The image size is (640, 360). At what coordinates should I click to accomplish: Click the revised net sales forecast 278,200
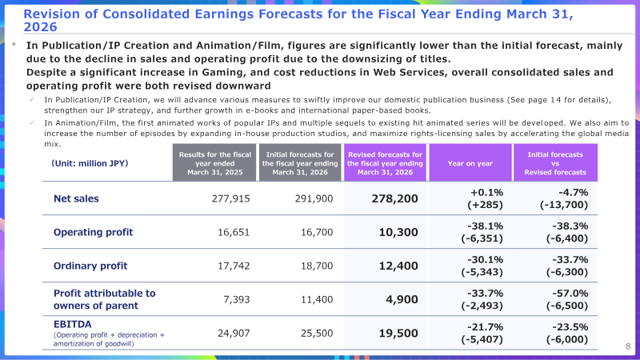(394, 198)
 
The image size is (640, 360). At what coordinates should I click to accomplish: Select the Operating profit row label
(93, 232)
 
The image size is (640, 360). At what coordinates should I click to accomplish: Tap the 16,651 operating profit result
(234, 232)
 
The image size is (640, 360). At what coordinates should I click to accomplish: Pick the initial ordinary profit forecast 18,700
(317, 266)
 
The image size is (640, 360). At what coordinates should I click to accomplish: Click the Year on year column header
(470, 163)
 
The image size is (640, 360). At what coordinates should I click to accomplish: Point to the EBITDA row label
(73, 324)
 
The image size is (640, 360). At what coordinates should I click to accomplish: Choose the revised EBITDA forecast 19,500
(398, 334)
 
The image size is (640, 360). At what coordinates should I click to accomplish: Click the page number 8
(628, 346)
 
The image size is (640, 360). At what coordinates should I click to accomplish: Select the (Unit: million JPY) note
(90, 163)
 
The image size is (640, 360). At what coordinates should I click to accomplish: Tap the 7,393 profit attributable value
(236, 299)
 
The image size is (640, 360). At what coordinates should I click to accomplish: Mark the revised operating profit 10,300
(398, 232)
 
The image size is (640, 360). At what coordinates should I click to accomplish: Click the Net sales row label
(76, 198)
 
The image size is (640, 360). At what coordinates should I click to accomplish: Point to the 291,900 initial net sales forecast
(314, 198)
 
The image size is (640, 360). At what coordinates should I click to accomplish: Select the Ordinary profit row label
(90, 266)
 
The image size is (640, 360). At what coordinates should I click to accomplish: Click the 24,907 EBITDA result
(234, 334)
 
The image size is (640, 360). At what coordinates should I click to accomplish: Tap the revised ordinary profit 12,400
(398, 266)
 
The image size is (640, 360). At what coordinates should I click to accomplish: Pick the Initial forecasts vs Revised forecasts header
(555, 163)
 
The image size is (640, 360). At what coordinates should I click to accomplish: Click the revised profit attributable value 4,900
(402, 299)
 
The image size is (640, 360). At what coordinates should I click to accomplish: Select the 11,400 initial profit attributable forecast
(317, 299)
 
